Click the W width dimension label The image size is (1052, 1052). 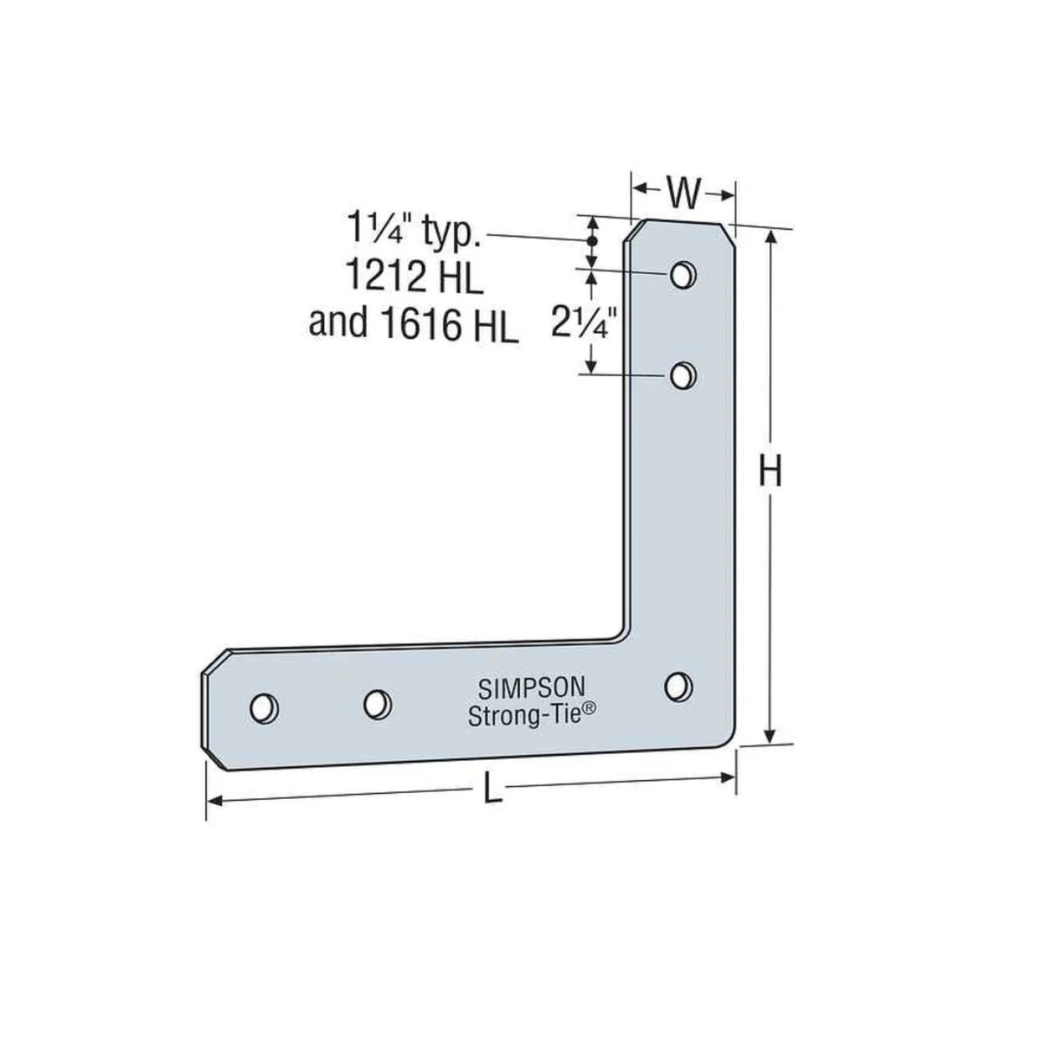[x=683, y=195]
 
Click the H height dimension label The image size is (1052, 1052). [x=770, y=473]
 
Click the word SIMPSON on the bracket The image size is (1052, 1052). [x=531, y=689]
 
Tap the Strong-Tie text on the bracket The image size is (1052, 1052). [x=525, y=716]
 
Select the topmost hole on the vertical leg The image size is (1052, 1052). [x=682, y=275]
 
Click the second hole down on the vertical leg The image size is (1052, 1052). [x=683, y=375]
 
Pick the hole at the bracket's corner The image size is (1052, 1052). [x=679, y=686]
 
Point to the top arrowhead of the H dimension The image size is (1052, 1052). [x=769, y=238]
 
